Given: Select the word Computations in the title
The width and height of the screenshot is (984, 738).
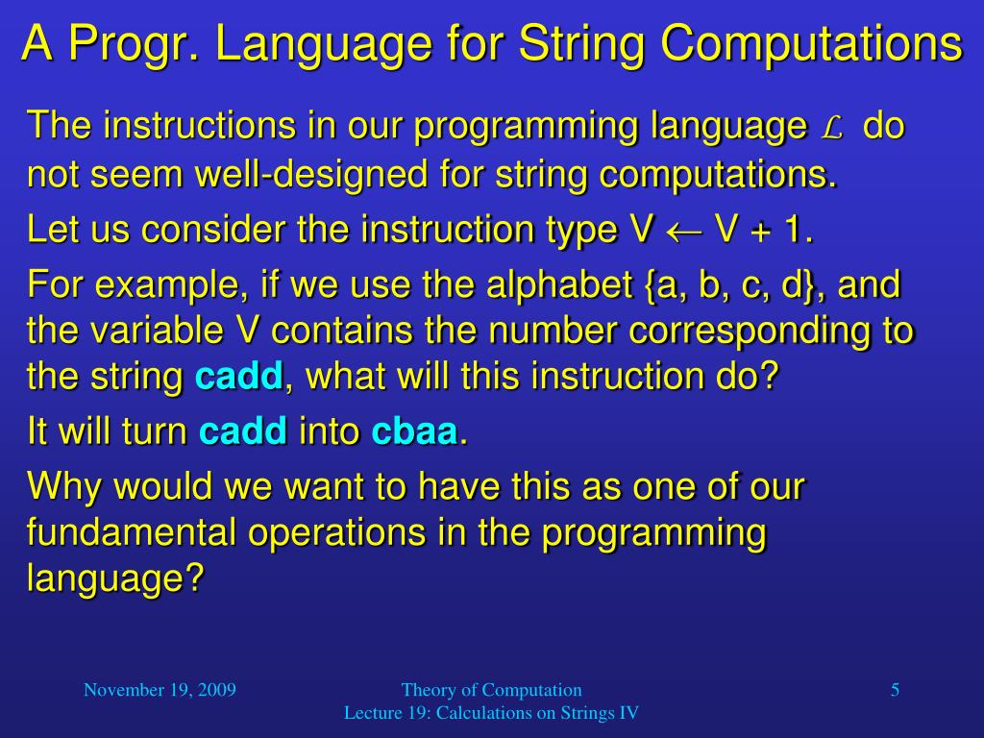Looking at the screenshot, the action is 811,42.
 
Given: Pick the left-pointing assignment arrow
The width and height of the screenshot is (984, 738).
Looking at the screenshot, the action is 684,231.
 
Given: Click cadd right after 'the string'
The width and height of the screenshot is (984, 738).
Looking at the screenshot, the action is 238,377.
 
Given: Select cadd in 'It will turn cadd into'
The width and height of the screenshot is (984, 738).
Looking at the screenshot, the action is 243,431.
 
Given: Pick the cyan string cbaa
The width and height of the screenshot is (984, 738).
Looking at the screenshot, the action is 414,431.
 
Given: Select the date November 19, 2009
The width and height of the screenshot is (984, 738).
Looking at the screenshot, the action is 160,690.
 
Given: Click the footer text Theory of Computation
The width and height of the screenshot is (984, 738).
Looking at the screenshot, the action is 491,690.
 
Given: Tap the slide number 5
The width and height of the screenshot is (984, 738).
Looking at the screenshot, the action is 895,690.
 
